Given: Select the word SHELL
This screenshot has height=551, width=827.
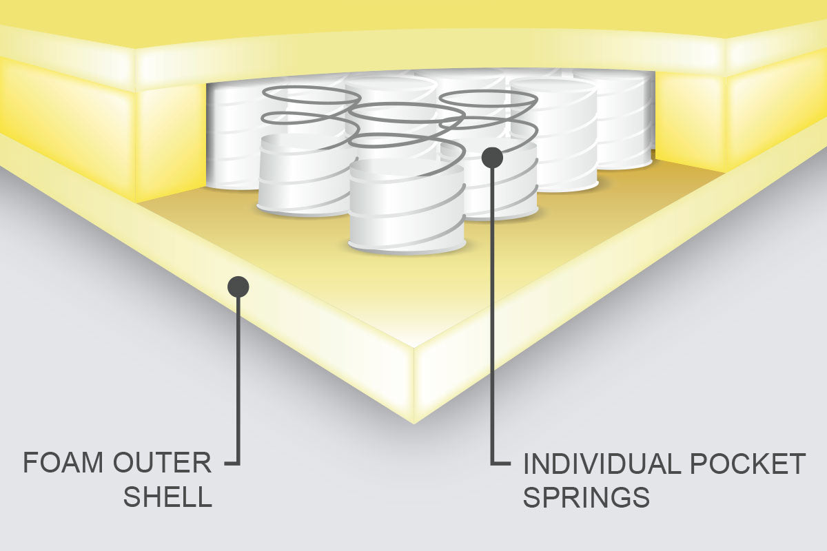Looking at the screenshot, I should tap(167, 497).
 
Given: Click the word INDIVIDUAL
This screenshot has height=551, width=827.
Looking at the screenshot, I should tap(601, 464).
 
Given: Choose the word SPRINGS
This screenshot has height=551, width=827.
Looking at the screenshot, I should tap(586, 497).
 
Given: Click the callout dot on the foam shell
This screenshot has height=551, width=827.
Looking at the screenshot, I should tap(238, 286).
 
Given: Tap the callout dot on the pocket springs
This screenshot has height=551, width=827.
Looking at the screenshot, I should tap(492, 157).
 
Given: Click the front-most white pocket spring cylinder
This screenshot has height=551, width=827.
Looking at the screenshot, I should tap(407, 207).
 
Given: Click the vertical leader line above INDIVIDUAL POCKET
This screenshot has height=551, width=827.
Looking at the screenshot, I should tap(492, 310).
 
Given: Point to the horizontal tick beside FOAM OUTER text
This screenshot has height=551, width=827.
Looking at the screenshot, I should tap(232, 463).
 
